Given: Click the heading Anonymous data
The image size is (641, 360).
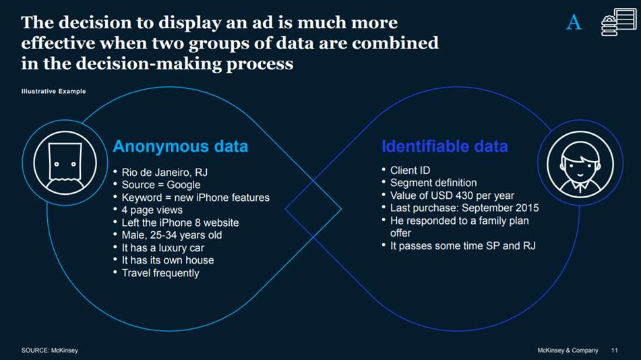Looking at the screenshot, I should coord(180,146).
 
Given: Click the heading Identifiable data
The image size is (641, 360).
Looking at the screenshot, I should coord(444,146).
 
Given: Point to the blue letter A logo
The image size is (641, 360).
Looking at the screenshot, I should coord(574,23).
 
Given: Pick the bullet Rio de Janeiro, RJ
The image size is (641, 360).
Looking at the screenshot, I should coord(164,172).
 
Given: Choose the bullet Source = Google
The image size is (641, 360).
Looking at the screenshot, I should coord(160,185).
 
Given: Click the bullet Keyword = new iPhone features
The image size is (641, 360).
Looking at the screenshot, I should coord(195,198).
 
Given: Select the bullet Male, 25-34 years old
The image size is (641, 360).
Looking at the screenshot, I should coord(171,235).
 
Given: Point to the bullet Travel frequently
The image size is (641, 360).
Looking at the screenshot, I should coord(160,273).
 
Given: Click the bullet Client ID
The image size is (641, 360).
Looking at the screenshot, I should coord(410,171).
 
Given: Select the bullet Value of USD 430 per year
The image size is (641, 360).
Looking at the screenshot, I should coord(452,196).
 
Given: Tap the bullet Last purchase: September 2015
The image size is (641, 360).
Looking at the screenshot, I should coord(464,208).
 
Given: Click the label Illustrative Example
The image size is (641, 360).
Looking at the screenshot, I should coord(54,92).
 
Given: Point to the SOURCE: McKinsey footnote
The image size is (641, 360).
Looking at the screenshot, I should coord(49,351).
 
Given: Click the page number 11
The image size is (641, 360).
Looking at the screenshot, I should coord(614,351).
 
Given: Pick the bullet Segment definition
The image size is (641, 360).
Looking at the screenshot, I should coord(433,183).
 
